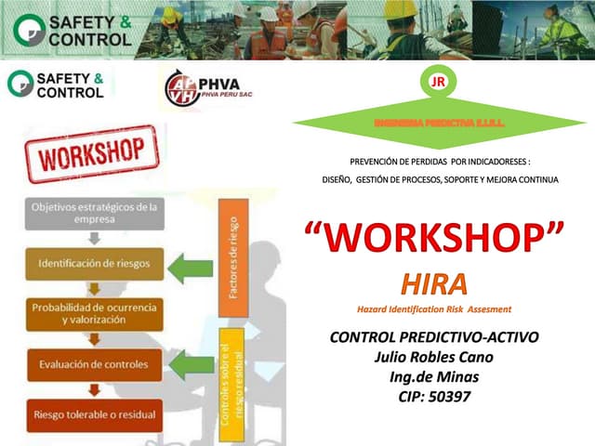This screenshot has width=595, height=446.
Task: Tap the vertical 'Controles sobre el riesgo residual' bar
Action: [x=232, y=383]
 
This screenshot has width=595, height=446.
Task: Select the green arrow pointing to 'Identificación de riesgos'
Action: [x=192, y=269]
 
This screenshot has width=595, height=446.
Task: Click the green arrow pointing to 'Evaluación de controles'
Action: [x=192, y=364]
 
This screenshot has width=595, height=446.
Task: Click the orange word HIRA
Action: [x=434, y=283]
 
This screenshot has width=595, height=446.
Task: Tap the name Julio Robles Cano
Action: [x=433, y=357]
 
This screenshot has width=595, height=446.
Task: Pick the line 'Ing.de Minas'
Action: [x=433, y=377]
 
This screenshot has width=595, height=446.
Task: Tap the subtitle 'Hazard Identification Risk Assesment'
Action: [x=434, y=308]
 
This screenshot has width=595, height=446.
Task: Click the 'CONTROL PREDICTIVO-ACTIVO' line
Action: [x=434, y=336]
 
